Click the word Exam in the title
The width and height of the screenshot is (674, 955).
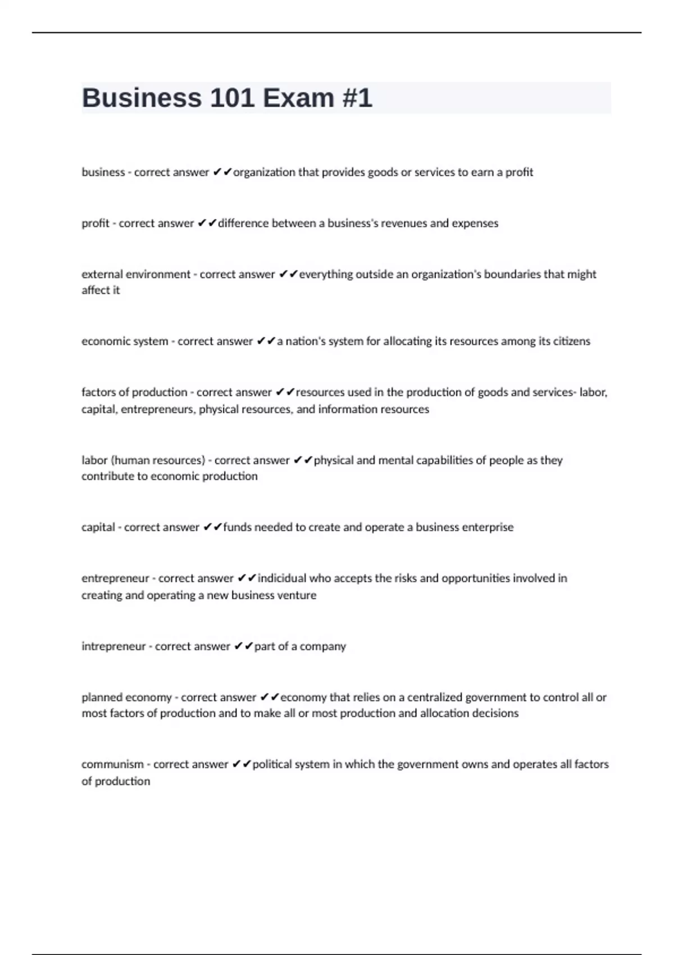click(x=298, y=98)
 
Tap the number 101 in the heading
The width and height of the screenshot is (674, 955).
click(x=232, y=98)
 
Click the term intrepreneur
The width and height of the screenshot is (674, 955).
click(x=113, y=646)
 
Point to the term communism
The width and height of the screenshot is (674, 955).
click(x=112, y=764)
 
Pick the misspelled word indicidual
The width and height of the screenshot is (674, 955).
click(x=282, y=578)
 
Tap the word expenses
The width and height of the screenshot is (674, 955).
click(x=475, y=223)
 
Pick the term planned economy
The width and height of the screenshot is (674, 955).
click(x=126, y=697)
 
